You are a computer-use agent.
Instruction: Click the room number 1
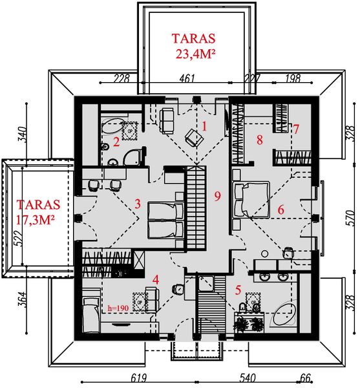[x=204, y=127]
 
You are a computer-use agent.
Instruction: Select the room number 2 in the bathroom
[x=116, y=141]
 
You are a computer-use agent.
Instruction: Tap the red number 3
[x=137, y=204]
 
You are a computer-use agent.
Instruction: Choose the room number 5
[x=238, y=290]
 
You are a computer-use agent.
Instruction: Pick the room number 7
[x=296, y=129]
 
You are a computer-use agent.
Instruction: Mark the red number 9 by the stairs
[x=218, y=195]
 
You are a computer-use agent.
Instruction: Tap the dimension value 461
[x=187, y=79]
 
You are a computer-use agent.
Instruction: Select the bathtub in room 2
[x=114, y=122]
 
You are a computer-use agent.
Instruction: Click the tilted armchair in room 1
[x=192, y=136]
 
